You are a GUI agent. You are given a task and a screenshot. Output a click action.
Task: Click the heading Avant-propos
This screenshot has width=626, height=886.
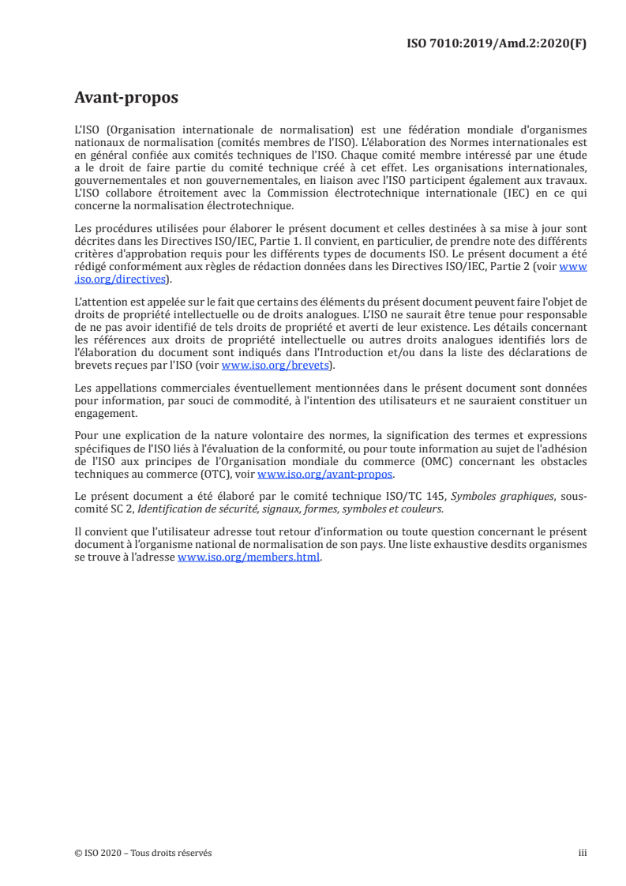pyautogui.click(x=126, y=98)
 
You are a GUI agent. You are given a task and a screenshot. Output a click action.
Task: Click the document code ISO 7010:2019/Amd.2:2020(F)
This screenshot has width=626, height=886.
pyautogui.click(x=496, y=43)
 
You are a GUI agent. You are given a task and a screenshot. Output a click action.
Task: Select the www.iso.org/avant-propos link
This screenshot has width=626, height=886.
pyautogui.click(x=325, y=475)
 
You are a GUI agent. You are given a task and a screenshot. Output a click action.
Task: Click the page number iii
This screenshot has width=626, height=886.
pyautogui.click(x=583, y=853)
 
